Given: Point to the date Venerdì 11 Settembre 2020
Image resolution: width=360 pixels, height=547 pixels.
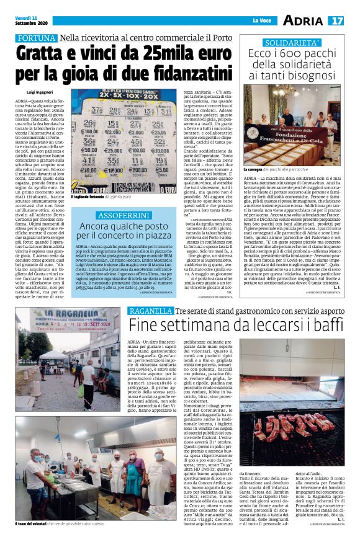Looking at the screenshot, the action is click(x=32, y=20).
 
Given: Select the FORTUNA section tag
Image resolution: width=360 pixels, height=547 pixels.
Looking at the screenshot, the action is click(x=37, y=38).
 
